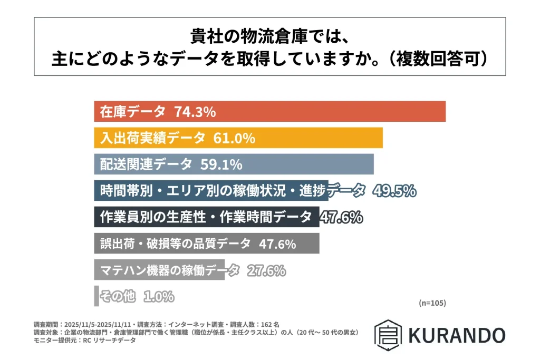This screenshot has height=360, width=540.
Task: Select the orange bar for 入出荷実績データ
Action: (316, 138)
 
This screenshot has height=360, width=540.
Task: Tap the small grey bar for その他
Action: (97, 296)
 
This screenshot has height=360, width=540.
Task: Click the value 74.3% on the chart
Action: (195, 112)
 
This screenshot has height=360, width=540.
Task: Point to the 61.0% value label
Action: (234, 138)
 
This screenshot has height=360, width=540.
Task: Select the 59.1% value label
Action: (221, 164)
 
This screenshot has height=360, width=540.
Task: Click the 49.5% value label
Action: (394, 191)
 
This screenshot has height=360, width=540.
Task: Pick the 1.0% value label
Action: (158, 297)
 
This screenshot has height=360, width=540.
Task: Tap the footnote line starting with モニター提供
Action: (84, 340)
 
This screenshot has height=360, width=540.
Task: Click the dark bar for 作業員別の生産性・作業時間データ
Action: (206, 217)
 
